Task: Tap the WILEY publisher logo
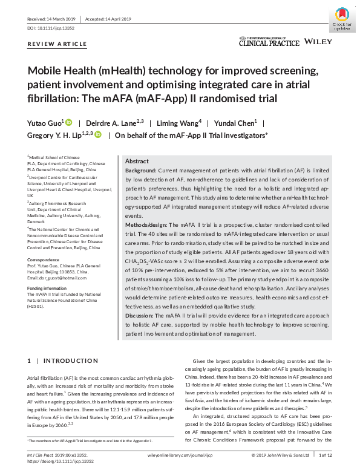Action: (x=318, y=42)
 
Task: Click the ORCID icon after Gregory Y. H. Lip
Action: (x=98, y=135)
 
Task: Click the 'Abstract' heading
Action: (x=137, y=161)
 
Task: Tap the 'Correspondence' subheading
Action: (x=47, y=259)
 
